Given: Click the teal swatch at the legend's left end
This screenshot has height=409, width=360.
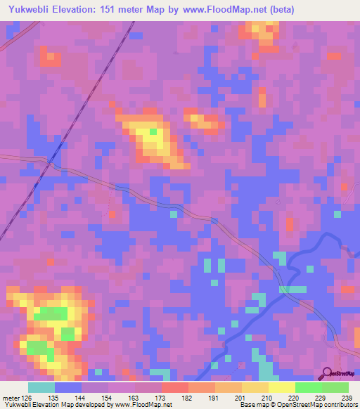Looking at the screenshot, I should point(41,387).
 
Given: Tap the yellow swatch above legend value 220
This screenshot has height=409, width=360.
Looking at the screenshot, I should point(281,387).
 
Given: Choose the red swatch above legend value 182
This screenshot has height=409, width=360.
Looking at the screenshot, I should point(174,387).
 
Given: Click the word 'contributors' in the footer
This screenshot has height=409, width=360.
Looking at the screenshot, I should point(341,405).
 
